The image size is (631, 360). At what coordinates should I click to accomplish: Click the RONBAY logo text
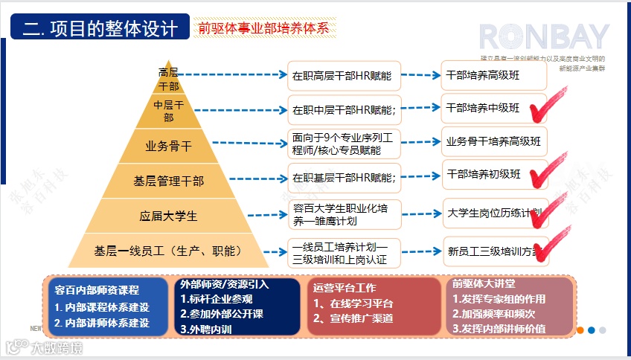pos(543,37)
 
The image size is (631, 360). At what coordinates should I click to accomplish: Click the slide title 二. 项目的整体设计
pos(100,28)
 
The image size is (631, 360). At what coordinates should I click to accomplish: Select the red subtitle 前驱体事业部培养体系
pos(263,28)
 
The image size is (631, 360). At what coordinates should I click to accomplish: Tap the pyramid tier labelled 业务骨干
pos(168,145)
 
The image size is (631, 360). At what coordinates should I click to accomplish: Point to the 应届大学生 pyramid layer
pos(168,216)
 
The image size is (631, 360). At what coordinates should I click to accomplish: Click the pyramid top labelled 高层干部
pos(168,78)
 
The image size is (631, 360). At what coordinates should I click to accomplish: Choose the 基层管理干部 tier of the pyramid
pos(168,181)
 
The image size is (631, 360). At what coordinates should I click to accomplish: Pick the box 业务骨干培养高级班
pos(493,141)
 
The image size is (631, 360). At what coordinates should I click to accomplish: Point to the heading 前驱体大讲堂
pos(482,284)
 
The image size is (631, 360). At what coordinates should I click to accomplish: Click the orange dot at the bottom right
pos(580,330)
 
